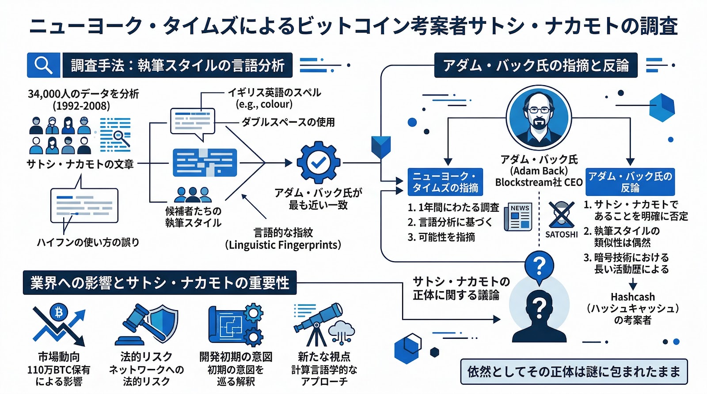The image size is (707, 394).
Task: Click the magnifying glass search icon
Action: (43, 65)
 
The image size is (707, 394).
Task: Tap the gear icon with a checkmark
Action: (318, 163)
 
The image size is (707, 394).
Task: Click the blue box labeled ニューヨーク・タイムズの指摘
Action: (445, 182)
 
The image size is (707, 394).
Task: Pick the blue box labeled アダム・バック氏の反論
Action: (630, 182)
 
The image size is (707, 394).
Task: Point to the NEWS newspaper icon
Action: (517, 217)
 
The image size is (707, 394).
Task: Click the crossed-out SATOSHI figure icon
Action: (561, 215)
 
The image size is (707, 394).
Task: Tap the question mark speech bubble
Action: (539, 266)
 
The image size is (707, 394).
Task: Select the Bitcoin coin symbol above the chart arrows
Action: (58, 312)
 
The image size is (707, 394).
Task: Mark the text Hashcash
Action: (632, 297)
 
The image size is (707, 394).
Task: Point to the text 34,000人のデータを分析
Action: (83, 94)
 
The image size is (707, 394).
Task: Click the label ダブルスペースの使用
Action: (288, 122)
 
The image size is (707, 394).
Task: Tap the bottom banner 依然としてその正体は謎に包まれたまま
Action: (574, 371)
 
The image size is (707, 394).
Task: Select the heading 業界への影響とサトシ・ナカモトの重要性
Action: (160, 283)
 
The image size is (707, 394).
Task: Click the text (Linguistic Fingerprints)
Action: (283, 245)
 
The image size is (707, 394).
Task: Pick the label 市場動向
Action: (58, 356)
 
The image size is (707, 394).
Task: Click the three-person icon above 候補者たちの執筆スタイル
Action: (193, 194)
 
